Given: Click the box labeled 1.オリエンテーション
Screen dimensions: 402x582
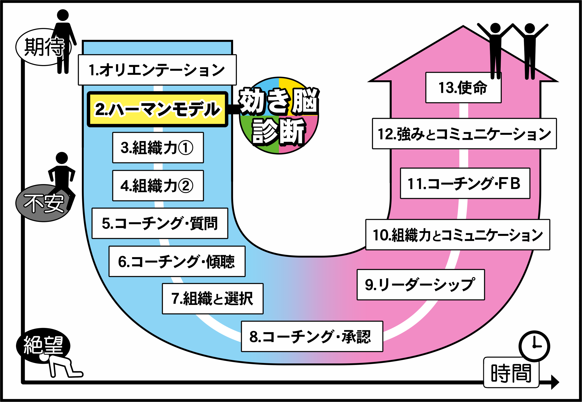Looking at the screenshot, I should coord(157,70).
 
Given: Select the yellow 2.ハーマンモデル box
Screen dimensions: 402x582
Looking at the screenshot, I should coord(158,109).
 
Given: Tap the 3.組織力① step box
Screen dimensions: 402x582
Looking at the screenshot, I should coord(158,148).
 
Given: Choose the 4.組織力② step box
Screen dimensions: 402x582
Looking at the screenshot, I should coord(158,186).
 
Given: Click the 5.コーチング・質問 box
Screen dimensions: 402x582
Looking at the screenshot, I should coord(160,223).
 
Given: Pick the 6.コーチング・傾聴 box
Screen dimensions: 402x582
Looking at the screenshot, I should coord(177,261).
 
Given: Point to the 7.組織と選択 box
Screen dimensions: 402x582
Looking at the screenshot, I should coord(213,298).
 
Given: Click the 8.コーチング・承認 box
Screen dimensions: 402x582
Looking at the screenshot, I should coord(312,336).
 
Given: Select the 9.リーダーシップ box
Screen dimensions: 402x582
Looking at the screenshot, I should coord(421,285).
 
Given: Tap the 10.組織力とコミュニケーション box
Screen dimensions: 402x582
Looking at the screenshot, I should coord(458,235).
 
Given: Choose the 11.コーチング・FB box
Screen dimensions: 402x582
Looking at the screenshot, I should coord(465,183).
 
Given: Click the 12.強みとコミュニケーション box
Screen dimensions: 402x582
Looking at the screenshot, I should coord(464,134).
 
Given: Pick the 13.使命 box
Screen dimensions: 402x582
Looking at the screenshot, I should coord(463,88).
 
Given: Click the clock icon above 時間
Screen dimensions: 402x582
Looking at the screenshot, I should coord(534,346).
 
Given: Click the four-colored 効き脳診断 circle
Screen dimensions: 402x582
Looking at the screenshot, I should coord(279,116).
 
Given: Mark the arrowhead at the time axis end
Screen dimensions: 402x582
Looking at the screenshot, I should coord(555,382).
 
